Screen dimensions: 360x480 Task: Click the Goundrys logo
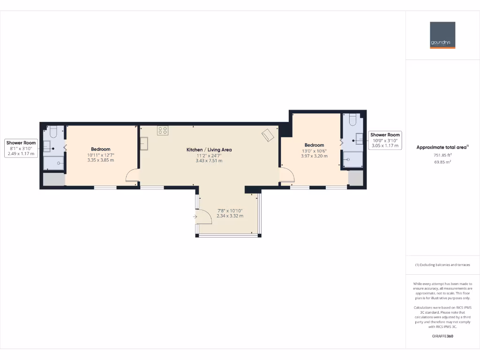442,35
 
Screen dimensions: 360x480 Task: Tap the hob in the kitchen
163,131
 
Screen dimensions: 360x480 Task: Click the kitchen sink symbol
144,143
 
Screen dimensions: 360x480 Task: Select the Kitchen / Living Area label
209,150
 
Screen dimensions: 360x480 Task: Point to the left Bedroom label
101,149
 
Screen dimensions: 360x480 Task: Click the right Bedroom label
314,145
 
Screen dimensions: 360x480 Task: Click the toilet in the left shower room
52,131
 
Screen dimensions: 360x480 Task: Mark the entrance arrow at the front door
195,217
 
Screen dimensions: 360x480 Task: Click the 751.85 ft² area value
442,155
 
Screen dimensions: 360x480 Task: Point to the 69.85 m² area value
442,162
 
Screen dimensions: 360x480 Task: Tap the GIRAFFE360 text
442,336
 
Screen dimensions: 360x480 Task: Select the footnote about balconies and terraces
442,265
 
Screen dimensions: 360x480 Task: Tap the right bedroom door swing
286,175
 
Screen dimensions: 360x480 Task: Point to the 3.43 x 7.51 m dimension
209,161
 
